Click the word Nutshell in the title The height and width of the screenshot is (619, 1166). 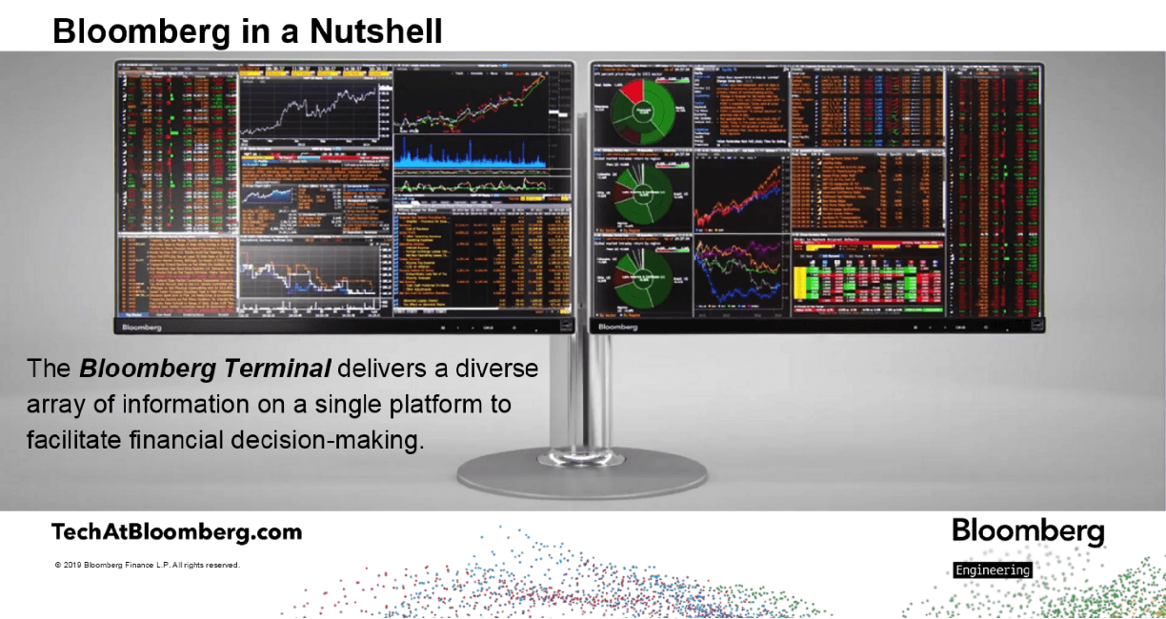[375, 30]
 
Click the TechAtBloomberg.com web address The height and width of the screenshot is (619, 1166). [176, 532]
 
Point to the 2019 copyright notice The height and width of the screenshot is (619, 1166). [148, 566]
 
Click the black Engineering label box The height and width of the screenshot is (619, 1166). [992, 570]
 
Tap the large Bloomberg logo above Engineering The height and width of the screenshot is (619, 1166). [1028, 531]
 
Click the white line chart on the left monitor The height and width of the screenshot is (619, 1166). [312, 109]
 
